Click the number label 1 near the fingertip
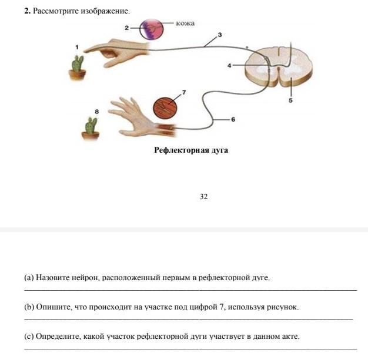[x=77, y=47]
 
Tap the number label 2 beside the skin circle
[x=127, y=28]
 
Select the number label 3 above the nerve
[x=220, y=35]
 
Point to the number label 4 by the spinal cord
[x=229, y=65]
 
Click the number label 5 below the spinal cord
[x=290, y=100]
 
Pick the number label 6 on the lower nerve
[x=233, y=120]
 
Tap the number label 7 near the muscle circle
[x=184, y=92]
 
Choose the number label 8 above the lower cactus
[x=96, y=112]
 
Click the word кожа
[x=185, y=23]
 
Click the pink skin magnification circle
[x=152, y=29]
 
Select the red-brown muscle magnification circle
[x=165, y=107]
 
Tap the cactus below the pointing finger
[x=78, y=68]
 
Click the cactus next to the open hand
[x=91, y=129]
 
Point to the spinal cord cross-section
[x=279, y=68]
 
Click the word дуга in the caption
[x=220, y=150]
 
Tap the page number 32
[x=204, y=196]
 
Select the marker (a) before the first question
[x=29, y=278]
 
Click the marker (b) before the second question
[x=29, y=307]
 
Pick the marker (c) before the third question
[x=29, y=337]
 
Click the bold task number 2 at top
[x=27, y=11]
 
